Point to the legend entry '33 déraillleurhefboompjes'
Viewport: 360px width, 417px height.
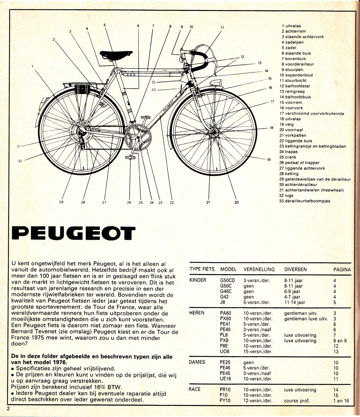coord(305,201)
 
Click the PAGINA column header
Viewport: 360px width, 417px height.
coord(342,269)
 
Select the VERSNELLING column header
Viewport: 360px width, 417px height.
coord(259,269)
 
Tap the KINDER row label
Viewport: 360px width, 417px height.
coord(198,280)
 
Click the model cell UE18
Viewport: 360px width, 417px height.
coord(225,379)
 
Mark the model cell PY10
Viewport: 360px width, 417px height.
coord(225,400)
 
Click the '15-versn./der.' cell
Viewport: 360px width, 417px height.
coord(258,352)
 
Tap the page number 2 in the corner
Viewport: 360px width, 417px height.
coord(8,408)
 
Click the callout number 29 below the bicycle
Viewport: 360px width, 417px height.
coord(61,202)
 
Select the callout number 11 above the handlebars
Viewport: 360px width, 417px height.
coord(222,27)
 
